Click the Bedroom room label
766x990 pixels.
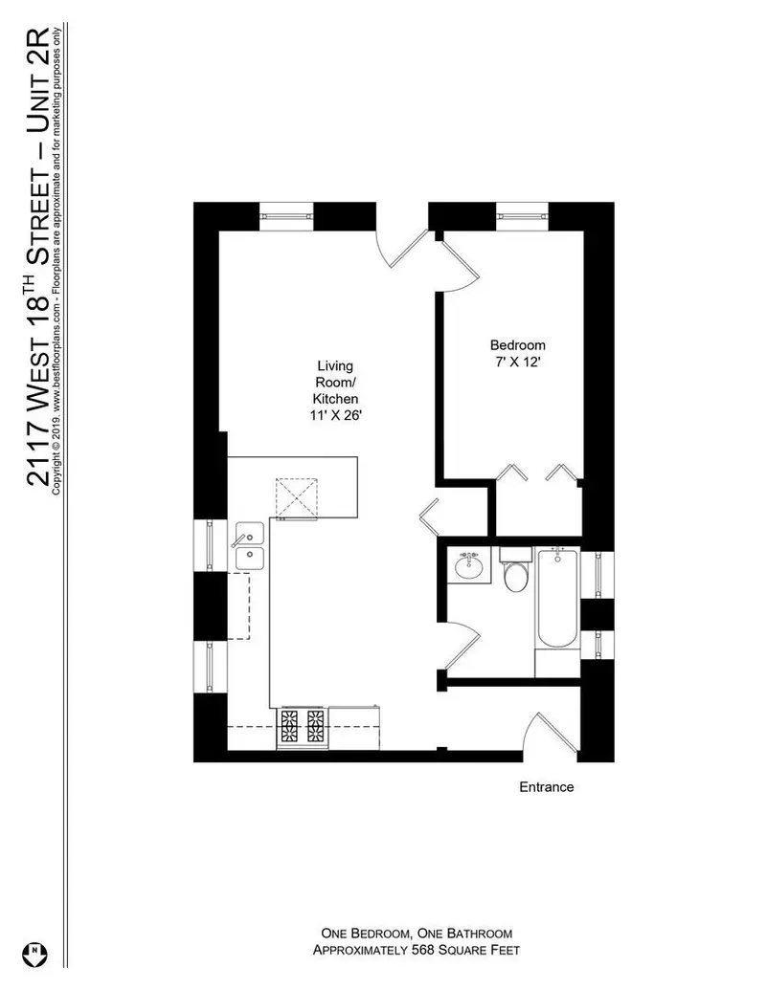518,345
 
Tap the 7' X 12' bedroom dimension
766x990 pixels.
518,363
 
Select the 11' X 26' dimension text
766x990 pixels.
335,415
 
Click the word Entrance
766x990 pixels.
547,786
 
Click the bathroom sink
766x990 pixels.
469,565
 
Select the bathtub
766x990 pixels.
557,598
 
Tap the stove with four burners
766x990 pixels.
303,727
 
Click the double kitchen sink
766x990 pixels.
250,545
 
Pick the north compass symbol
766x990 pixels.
34,954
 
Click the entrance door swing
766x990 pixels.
550,733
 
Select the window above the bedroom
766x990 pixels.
522,216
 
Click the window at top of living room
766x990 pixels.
286,216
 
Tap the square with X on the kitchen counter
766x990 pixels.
297,498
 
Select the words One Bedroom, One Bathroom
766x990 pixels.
417,934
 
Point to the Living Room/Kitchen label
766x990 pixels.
335,382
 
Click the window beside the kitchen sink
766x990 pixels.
210,545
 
